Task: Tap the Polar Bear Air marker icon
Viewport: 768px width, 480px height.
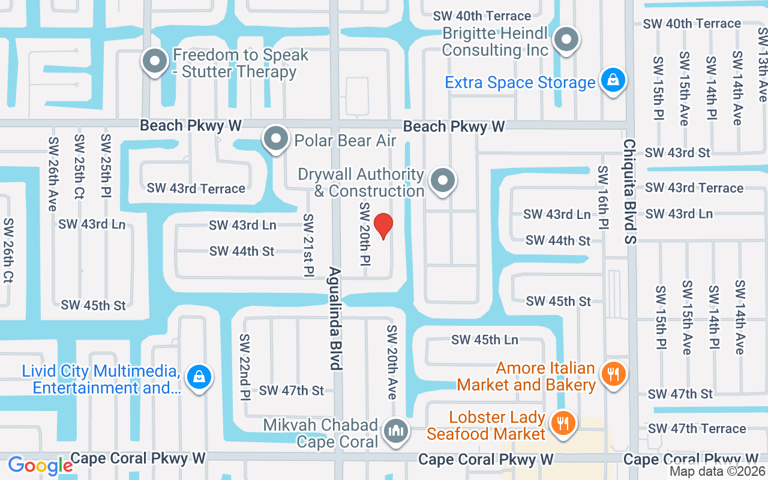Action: [276, 139]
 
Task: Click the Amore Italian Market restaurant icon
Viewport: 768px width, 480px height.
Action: [613, 375]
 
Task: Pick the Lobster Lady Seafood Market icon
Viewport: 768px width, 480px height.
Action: [562, 424]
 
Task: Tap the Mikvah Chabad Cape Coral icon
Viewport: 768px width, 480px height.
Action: [395, 431]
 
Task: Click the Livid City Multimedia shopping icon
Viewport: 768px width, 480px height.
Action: [198, 377]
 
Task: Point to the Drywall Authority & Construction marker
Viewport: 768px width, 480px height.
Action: [443, 179]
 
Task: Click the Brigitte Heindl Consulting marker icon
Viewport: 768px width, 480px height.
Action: [565, 41]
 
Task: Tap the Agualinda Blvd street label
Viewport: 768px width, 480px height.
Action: [335, 318]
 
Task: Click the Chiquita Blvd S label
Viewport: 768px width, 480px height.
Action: [629, 192]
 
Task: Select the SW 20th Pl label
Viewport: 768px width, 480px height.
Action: [365, 234]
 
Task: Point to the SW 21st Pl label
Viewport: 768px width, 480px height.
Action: [309, 245]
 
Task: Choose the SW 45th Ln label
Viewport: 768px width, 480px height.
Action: [484, 340]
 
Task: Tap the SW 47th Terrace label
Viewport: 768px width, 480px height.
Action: [697, 428]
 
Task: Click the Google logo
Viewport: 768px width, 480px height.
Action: [40, 466]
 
